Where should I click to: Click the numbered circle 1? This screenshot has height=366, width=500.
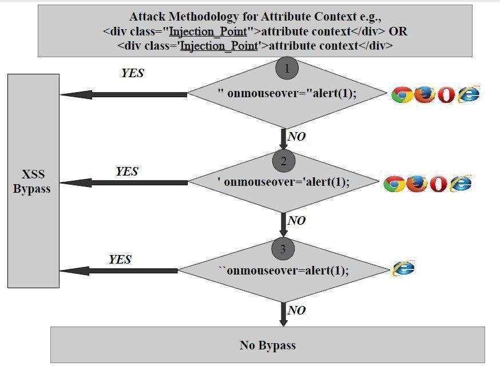[287, 69]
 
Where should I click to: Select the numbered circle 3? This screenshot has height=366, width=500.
[284, 249]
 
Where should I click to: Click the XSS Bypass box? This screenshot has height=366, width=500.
[33, 181]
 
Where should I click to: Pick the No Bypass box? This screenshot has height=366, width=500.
[267, 345]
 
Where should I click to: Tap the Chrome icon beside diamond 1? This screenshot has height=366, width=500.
[402, 94]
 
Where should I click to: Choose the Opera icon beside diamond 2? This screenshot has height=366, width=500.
[438, 184]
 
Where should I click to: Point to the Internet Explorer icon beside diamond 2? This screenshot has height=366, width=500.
[461, 183]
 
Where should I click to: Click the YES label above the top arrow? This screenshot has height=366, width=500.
[133, 73]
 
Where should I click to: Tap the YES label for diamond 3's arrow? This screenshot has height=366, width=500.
[120, 260]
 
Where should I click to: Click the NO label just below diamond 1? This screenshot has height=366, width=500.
[296, 137]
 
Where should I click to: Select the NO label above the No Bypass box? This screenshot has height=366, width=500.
[296, 311]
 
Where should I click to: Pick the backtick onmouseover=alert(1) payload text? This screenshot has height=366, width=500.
[283, 270]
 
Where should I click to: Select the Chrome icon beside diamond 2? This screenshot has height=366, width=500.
[394, 184]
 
